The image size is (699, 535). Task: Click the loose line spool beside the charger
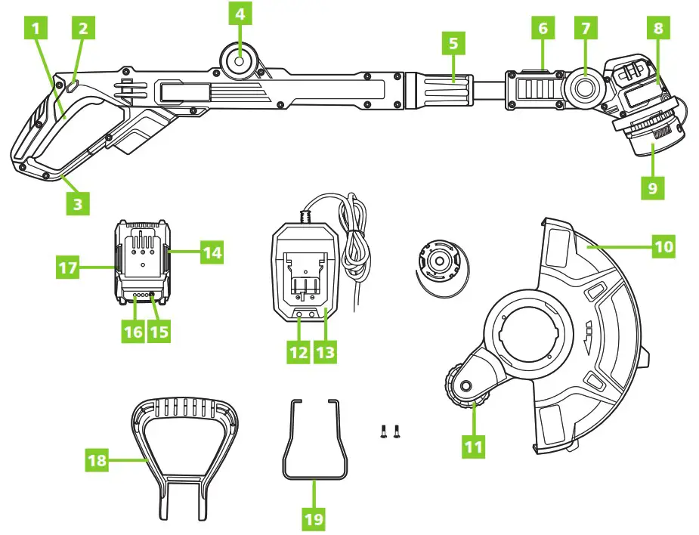pos(440,262)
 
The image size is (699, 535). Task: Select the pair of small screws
pos(391,431)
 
